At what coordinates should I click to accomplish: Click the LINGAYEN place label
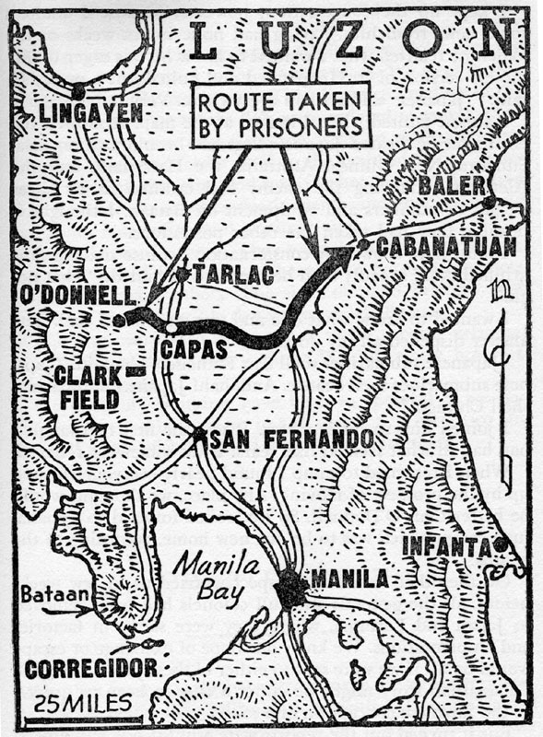tap(92, 114)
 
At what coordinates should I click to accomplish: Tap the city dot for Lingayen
tap(78, 90)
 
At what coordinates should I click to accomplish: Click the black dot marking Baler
tap(489, 202)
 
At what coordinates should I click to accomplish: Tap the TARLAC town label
tap(226, 274)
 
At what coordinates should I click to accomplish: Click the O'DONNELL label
tap(72, 298)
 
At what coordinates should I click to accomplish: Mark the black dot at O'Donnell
tap(119, 321)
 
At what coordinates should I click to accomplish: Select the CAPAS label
tap(190, 350)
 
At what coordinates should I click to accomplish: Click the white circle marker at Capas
tap(171, 327)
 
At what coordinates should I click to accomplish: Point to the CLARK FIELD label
tap(88, 387)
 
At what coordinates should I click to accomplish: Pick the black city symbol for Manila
tap(290, 588)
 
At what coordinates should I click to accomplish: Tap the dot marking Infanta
tap(499, 544)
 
